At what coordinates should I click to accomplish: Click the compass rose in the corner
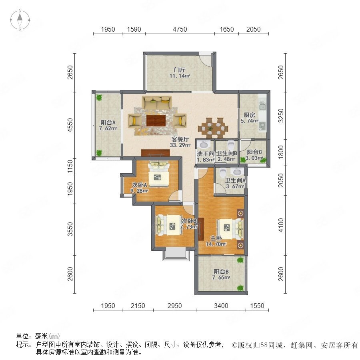20,20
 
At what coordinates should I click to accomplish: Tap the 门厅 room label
180,70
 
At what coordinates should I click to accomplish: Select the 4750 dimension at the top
180,29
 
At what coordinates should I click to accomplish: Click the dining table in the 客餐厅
213,128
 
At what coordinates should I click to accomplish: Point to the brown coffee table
156,120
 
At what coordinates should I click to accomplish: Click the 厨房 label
249,115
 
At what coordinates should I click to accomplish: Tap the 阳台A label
108,122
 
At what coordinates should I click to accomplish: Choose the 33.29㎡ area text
180,145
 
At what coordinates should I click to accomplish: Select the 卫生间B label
226,153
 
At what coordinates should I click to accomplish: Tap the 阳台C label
254,152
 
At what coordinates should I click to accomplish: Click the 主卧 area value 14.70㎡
216,244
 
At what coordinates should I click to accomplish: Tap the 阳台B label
221,272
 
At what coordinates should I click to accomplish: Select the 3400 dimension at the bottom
221,306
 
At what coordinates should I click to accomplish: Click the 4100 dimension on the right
281,225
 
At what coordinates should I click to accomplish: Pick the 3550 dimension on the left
70,229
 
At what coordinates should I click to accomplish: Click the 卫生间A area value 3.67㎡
235,186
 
